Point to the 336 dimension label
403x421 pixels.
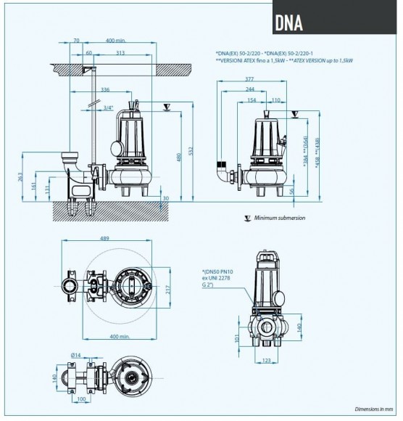coord(105,90)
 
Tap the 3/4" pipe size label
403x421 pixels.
coord(108,107)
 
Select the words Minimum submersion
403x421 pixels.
coord(278,218)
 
